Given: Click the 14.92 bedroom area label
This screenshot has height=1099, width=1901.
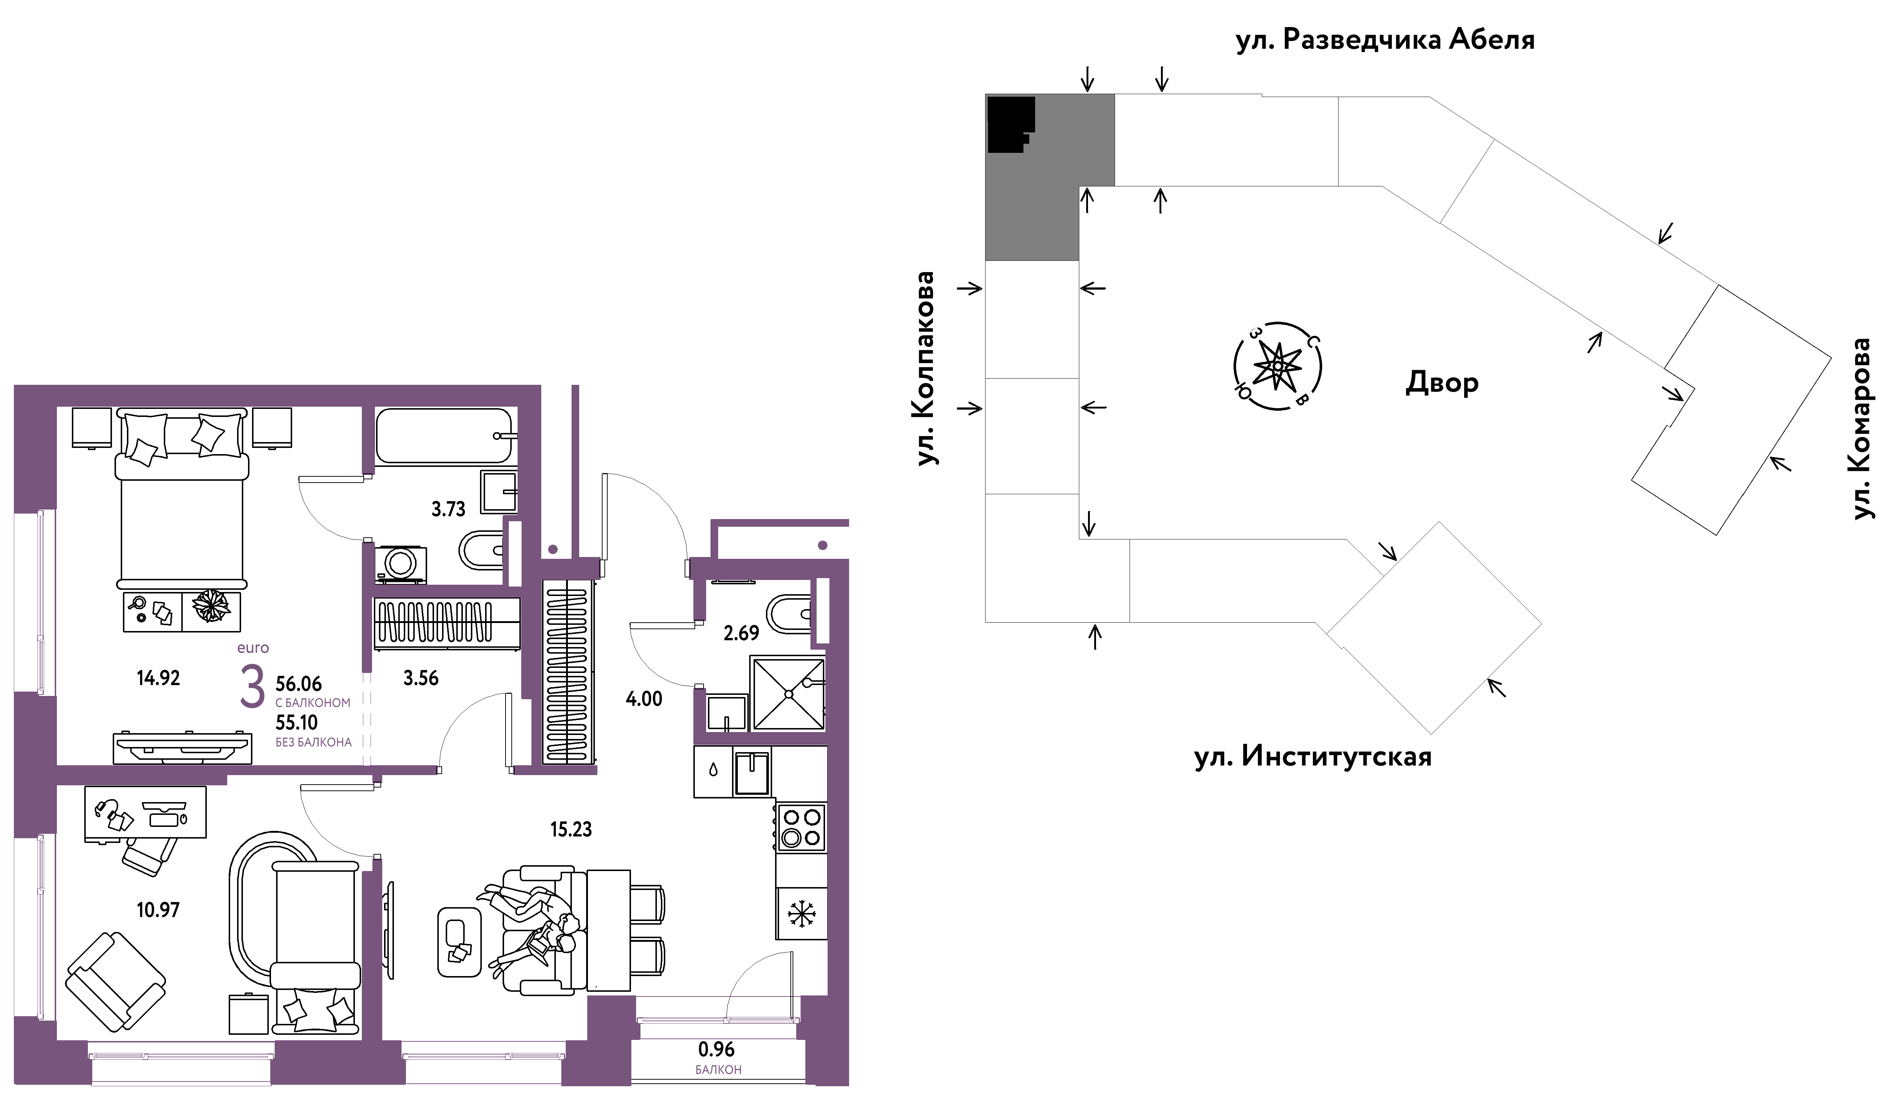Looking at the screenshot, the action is coord(158,678).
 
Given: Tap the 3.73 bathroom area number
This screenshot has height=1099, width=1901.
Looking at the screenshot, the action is coord(448,509).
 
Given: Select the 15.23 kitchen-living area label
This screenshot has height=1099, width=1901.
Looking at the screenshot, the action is coord(571,830).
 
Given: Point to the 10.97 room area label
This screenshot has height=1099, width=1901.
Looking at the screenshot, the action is coord(158,910).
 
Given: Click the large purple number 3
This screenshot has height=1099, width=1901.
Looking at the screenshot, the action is coord(253,686).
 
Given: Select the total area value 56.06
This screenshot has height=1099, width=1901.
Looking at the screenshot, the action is coord(299,684).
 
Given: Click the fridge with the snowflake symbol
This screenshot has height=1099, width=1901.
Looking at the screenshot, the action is coord(801,913).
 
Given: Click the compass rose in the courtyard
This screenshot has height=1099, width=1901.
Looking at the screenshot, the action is coord(1277,366).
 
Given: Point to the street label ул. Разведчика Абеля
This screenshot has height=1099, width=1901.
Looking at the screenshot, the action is coord(1385,39).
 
